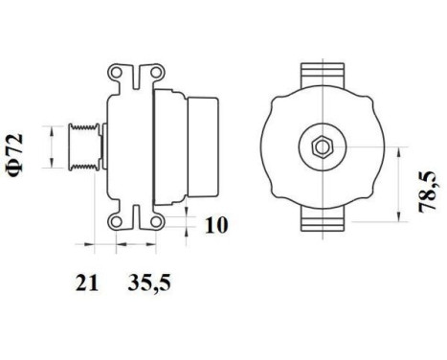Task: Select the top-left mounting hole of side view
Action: coord(119,73)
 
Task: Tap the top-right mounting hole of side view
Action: coord(149,73)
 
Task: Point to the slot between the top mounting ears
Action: coord(134,75)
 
